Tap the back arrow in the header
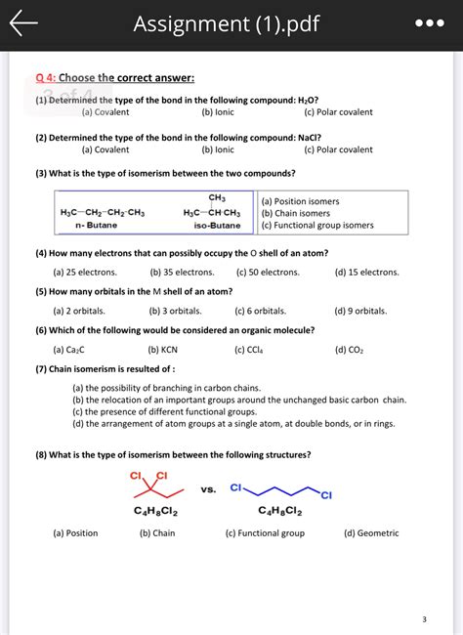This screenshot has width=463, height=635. (23, 24)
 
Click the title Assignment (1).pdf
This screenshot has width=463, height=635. (226, 24)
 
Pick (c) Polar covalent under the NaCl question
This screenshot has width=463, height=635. (338, 149)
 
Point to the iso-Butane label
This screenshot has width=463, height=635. (217, 226)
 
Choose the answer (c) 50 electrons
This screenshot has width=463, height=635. (267, 273)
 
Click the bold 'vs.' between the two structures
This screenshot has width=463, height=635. (208, 488)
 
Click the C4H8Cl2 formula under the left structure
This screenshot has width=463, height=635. (155, 511)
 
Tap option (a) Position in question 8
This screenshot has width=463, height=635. (75, 533)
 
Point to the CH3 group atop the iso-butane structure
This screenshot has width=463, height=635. (217, 198)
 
